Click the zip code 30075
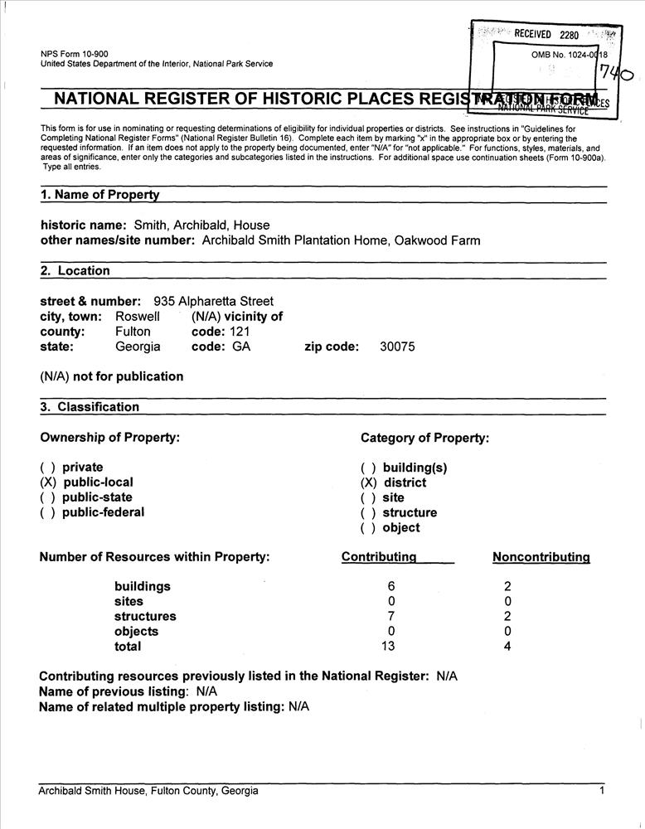(x=397, y=347)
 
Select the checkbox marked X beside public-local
(x=48, y=482)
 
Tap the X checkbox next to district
(x=368, y=482)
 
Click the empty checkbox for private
(x=48, y=468)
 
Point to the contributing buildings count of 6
(x=391, y=586)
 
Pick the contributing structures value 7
(x=391, y=616)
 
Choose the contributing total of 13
(x=388, y=646)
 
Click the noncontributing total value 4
(x=507, y=646)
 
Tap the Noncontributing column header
(x=541, y=557)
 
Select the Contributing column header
(x=379, y=557)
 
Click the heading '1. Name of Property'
(x=99, y=195)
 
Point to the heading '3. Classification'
(x=90, y=407)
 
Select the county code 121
(x=239, y=332)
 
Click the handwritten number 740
(x=617, y=75)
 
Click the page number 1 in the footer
(x=602, y=791)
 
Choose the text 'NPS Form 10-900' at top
(x=74, y=54)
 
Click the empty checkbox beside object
(x=368, y=527)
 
